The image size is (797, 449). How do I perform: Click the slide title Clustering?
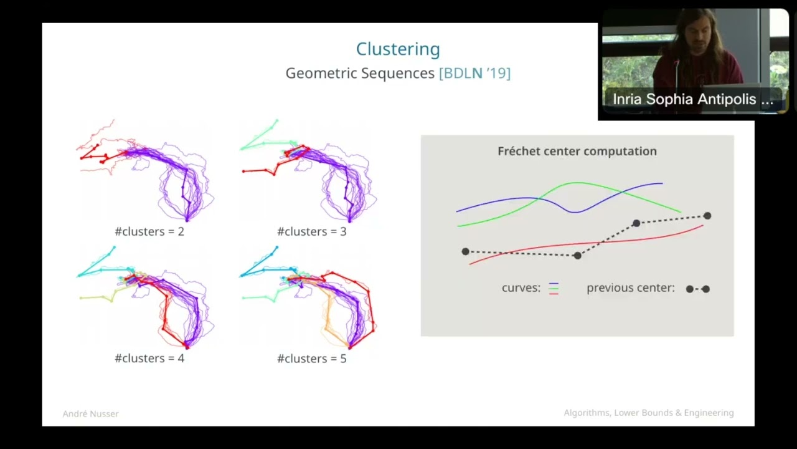[x=398, y=49]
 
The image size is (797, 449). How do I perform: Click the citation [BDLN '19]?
[x=474, y=74]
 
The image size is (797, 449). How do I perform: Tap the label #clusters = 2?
[x=149, y=231]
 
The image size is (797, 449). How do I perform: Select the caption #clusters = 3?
[x=311, y=231]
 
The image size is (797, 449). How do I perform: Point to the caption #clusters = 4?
[x=149, y=359]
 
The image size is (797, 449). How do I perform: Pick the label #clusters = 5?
[x=311, y=359]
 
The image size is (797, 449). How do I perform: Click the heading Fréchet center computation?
[x=577, y=151]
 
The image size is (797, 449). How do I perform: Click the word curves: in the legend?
[x=521, y=288]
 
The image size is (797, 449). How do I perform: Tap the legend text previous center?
[x=630, y=288]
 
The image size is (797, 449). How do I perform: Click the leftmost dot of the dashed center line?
[x=465, y=251]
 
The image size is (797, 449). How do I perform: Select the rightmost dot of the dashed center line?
[x=707, y=216]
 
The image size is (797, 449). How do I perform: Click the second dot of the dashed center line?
[x=578, y=256]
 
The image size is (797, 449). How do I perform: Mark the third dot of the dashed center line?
[x=636, y=223]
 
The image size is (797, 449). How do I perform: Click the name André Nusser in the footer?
[x=90, y=413]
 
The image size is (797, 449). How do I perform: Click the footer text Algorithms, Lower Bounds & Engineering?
[x=648, y=413]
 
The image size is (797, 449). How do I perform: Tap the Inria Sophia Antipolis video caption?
[x=692, y=99]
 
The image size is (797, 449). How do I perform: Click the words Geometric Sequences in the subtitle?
[x=360, y=74]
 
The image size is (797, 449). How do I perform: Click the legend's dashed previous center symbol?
[x=697, y=289]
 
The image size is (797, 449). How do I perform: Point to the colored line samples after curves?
[x=554, y=288]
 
